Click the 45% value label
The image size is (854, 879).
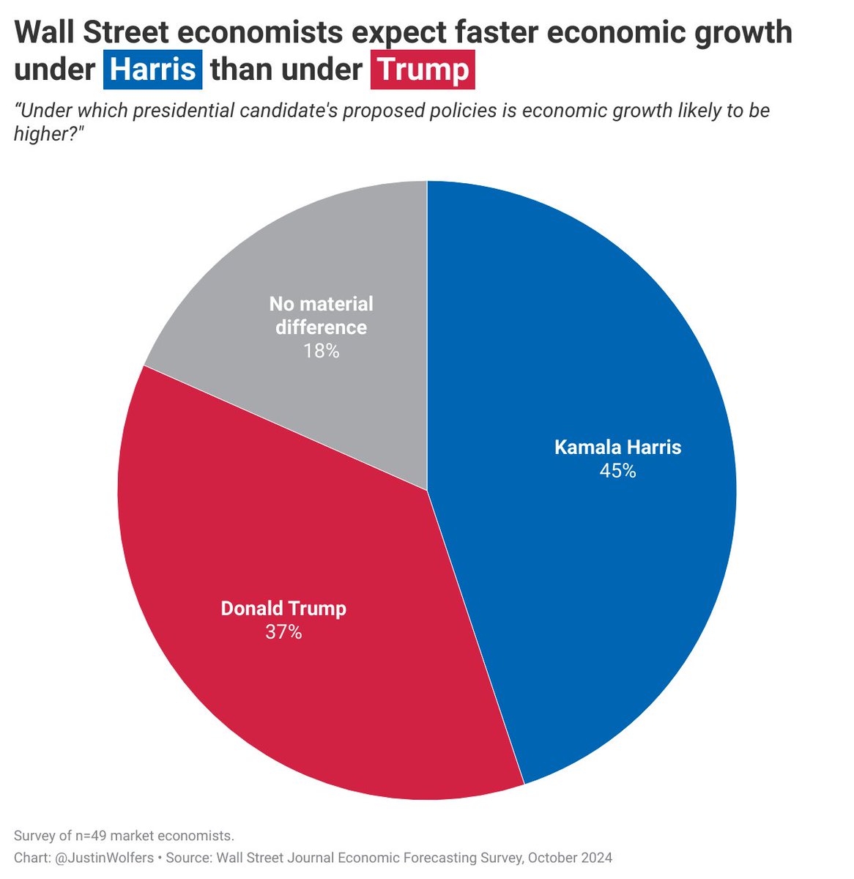click(617, 471)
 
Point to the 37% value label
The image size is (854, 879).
click(283, 632)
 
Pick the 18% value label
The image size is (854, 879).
click(322, 352)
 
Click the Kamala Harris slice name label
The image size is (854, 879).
click(617, 448)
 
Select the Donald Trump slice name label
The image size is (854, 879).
click(283, 609)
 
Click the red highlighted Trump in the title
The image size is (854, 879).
click(423, 70)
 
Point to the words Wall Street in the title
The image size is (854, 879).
click(98, 32)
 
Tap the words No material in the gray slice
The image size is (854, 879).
click(322, 304)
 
